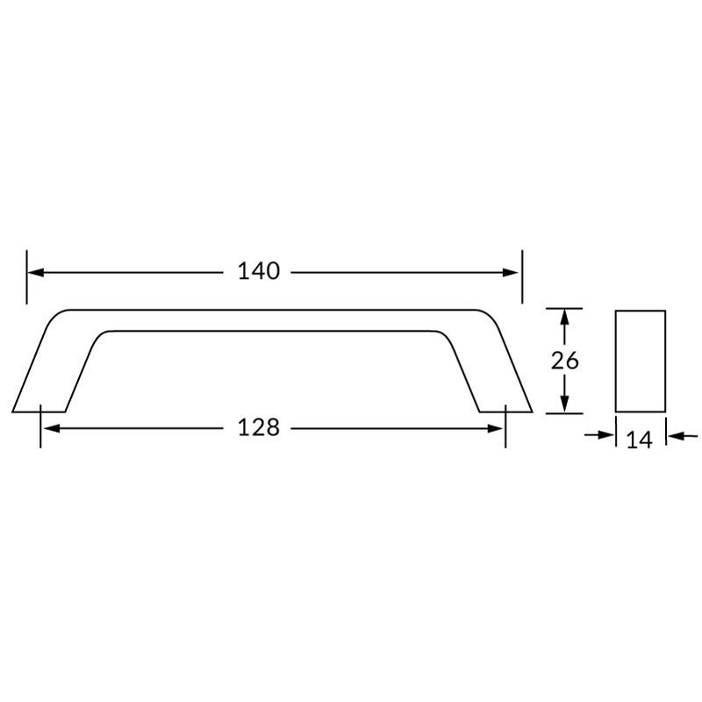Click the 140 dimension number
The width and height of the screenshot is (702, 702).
click(258, 271)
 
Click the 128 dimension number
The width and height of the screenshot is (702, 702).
click(258, 427)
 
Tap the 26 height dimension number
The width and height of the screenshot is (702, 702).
click(564, 361)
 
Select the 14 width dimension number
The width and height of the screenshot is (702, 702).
click(640, 441)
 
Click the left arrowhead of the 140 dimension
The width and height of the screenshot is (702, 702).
click(36, 272)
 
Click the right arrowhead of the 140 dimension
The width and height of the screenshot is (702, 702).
click(511, 272)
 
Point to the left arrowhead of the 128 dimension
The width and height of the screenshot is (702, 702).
click(52, 429)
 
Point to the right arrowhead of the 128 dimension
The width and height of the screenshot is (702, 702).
click(495, 429)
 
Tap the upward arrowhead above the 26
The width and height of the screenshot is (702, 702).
click(564, 318)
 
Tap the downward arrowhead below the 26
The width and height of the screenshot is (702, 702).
click(564, 404)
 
